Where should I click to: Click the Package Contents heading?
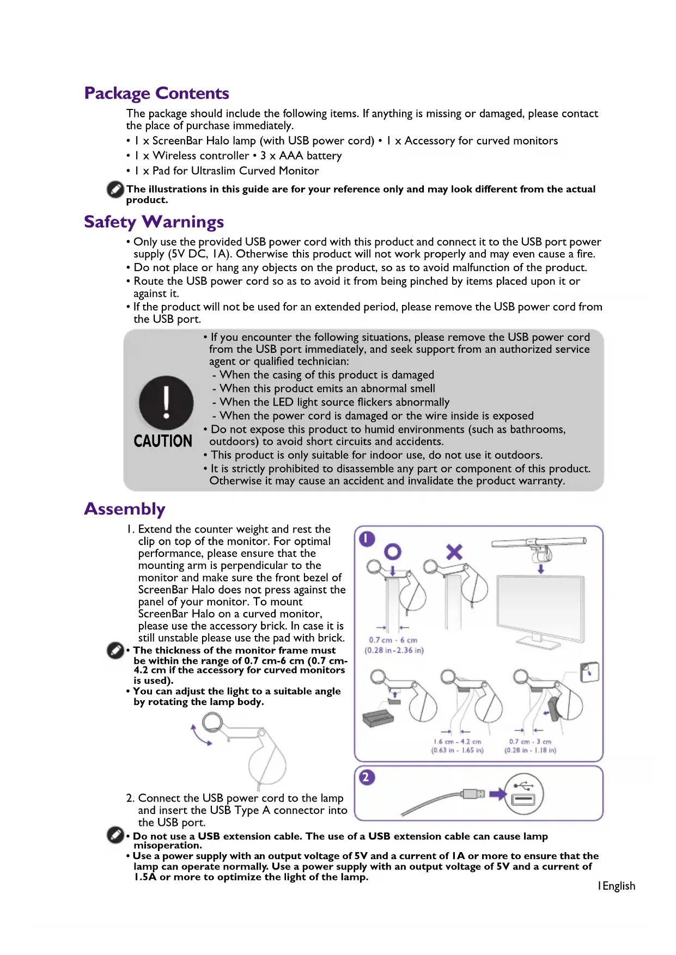(156, 93)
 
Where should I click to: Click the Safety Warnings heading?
(154, 222)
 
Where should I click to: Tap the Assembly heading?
(124, 509)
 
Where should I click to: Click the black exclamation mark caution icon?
(166, 403)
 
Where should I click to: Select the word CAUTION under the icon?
(163, 441)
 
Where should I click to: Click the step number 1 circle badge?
(367, 539)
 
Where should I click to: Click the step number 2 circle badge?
(366, 777)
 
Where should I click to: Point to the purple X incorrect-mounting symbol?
(454, 552)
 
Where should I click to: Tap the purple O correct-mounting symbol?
(393, 552)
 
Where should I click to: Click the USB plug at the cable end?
(473, 794)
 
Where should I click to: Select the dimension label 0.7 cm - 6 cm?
(393, 640)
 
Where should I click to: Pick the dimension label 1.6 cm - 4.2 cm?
(457, 742)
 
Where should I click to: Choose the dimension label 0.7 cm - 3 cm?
(530, 742)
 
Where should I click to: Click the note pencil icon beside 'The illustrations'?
(115, 189)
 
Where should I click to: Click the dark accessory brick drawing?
(377, 718)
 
